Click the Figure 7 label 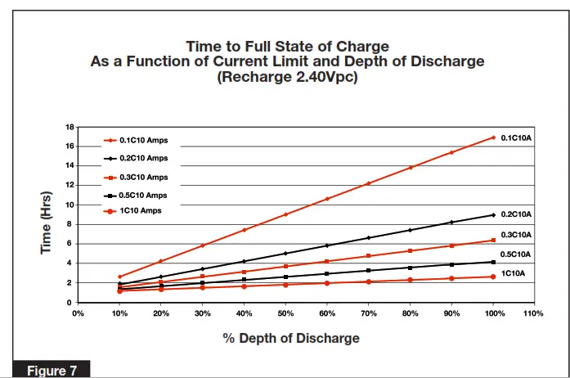[52, 371]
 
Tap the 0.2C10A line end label [516, 214]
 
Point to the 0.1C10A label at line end [516, 137]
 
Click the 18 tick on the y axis [70, 127]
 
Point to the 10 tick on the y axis [70, 205]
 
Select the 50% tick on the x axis [285, 313]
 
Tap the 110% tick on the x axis [534, 313]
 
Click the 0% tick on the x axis [79, 313]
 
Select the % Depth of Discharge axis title [291, 338]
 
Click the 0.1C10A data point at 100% [493, 137]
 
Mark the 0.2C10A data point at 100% [493, 214]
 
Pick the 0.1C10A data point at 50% [285, 214]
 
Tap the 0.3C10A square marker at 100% [493, 240]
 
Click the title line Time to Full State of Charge [287, 46]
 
